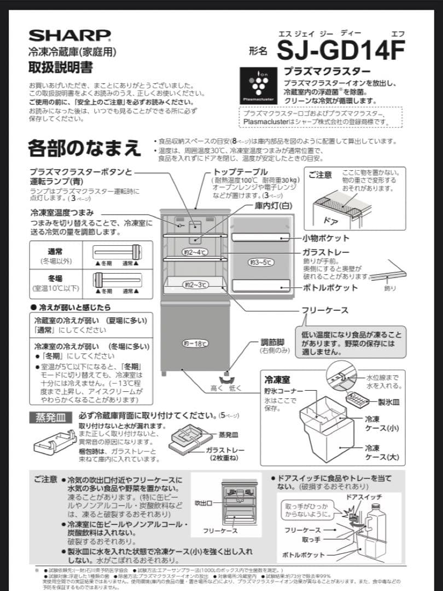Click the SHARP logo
click(69, 36)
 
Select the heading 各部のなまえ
click(84, 148)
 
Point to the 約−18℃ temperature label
click(195, 344)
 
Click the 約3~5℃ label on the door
click(261, 263)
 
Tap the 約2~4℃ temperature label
click(195, 252)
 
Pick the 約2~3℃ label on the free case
click(195, 285)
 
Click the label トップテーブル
click(240, 172)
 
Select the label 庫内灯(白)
click(273, 206)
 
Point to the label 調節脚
click(272, 343)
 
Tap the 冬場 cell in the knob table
click(55, 278)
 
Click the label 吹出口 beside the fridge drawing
click(203, 502)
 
